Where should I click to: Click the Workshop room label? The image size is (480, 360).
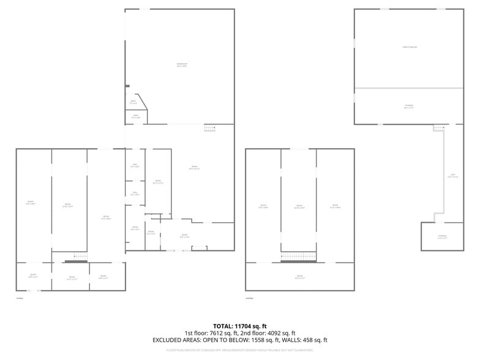pyautogui.click(x=182, y=64)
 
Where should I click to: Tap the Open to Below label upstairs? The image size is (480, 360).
pyautogui.click(x=409, y=47)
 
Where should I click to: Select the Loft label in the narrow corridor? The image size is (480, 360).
pyautogui.click(x=452, y=175)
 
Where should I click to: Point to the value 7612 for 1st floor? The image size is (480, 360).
pyautogui.click(x=216, y=333)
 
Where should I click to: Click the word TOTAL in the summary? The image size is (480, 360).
pyautogui.click(x=222, y=326)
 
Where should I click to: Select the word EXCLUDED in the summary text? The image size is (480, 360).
pyautogui.click(x=167, y=340)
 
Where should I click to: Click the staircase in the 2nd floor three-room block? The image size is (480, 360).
pyautogui.click(x=299, y=257)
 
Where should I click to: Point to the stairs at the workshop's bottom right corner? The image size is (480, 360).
pyautogui.click(x=210, y=128)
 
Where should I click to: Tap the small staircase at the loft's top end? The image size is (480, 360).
pyautogui.click(x=438, y=127)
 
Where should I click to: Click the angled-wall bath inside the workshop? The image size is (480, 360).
pyautogui.click(x=134, y=102)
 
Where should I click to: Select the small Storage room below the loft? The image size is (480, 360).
pyautogui.click(x=442, y=236)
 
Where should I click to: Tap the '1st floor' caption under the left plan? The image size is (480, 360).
pyautogui.click(x=20, y=298)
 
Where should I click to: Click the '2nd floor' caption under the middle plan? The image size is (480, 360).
pyautogui.click(x=249, y=298)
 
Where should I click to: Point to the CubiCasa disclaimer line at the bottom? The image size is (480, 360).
pyautogui.click(x=240, y=350)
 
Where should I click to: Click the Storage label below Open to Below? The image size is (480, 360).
pyautogui.click(x=409, y=107)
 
